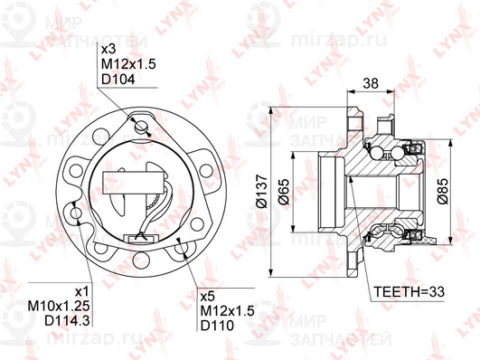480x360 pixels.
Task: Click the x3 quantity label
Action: [x=108, y=50]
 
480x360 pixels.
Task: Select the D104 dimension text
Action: [x=118, y=80]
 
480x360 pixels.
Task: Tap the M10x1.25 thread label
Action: [x=59, y=306]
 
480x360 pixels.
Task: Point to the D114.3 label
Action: [x=68, y=321]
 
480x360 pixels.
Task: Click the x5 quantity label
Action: [x=208, y=297]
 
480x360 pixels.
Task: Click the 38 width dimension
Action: [x=371, y=83]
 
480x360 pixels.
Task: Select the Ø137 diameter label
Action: [x=262, y=192]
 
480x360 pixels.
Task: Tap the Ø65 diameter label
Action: [x=284, y=192]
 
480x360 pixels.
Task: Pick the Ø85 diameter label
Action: [x=443, y=191]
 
